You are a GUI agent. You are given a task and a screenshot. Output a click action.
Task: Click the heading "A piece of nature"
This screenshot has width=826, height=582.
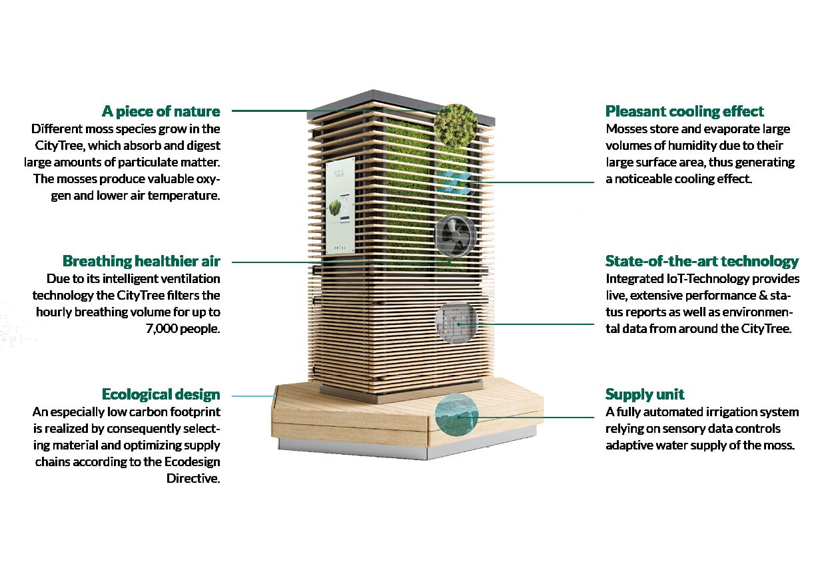coord(161,111)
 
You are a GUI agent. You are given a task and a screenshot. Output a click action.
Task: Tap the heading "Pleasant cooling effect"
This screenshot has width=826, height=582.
coord(684,111)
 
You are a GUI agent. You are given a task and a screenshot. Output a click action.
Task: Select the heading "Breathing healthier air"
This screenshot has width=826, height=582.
coord(141,261)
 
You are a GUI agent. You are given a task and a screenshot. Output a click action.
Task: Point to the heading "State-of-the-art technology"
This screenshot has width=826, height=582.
coord(702,261)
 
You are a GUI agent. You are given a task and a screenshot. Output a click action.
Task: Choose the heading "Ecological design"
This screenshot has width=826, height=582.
coord(161,394)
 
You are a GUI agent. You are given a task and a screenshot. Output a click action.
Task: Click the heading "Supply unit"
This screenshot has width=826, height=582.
coord(645,394)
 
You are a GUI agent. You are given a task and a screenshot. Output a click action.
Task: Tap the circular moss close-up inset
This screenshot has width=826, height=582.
coord(456,126)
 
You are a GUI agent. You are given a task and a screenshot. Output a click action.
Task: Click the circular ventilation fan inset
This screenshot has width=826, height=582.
coord(456,235)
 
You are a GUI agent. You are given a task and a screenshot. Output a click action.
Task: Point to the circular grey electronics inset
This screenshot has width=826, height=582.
coord(456,323)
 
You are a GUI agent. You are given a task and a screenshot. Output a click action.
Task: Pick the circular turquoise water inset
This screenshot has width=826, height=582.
coord(456,415)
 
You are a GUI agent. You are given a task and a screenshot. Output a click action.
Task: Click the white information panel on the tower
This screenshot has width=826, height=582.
coord(340,206)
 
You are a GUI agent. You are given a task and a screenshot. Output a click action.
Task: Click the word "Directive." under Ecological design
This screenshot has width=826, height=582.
coord(193,478)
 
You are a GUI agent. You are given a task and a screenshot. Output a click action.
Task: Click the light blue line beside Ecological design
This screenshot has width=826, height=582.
coord(254,396)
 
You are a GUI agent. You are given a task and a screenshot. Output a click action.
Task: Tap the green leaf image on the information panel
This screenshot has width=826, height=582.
coord(335,209)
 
